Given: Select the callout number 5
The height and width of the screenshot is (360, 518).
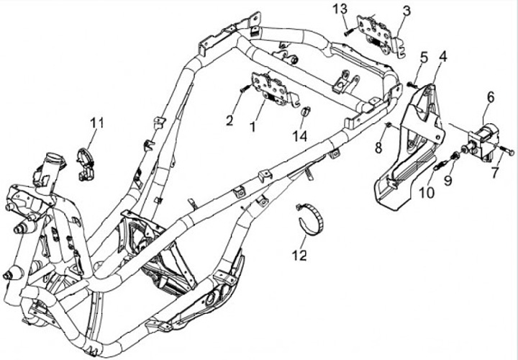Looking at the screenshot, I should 424,56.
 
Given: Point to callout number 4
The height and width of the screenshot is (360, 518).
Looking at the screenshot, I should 442,55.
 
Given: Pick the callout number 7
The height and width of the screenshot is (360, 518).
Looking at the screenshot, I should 494,173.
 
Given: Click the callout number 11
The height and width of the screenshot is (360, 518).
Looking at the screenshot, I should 97,123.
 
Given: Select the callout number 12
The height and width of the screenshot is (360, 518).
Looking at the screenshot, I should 300,255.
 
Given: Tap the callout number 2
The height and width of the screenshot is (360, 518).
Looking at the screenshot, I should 230,120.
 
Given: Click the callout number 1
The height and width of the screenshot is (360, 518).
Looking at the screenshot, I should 253,126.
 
